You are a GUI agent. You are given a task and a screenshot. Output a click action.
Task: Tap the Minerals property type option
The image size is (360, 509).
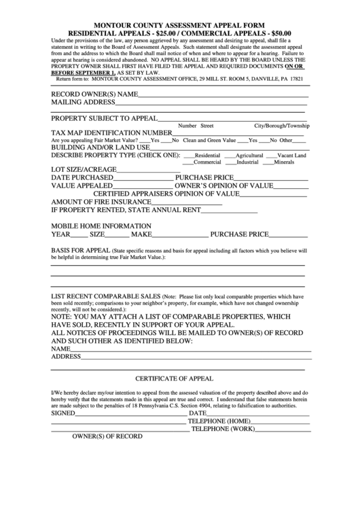[x=270, y=162]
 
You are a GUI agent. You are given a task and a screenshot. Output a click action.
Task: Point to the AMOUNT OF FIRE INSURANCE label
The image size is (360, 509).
[x=101, y=202]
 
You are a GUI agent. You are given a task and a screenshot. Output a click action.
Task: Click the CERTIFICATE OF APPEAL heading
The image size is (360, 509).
[x=175, y=378]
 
